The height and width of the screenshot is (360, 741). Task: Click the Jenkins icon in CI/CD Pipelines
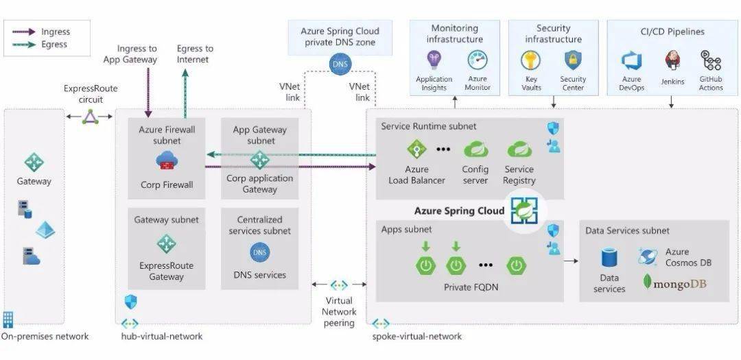pyautogui.click(x=672, y=60)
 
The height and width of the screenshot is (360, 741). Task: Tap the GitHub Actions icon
pyautogui.click(x=710, y=60)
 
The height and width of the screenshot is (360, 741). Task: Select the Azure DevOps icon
pyautogui.click(x=631, y=62)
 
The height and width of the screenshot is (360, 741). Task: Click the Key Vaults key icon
pyautogui.click(x=530, y=60)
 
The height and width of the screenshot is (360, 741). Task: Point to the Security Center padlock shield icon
pyautogui.click(x=573, y=60)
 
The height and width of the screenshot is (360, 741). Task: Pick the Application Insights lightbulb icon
pyautogui.click(x=434, y=60)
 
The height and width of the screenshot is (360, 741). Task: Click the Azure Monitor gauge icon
pyautogui.click(x=478, y=60)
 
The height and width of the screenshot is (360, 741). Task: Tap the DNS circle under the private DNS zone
pyautogui.click(x=340, y=64)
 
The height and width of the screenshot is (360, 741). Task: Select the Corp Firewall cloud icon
pyautogui.click(x=166, y=160)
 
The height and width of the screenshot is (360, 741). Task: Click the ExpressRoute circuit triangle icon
pyautogui.click(x=91, y=117)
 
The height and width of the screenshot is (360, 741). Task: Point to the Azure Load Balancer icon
pyautogui.click(x=416, y=149)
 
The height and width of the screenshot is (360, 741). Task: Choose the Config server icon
pyautogui.click(x=475, y=149)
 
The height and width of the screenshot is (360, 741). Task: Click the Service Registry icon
pyautogui.click(x=519, y=149)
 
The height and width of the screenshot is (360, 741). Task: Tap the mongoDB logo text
pyautogui.click(x=679, y=283)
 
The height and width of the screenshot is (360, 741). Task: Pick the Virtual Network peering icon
pyautogui.click(x=339, y=285)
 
